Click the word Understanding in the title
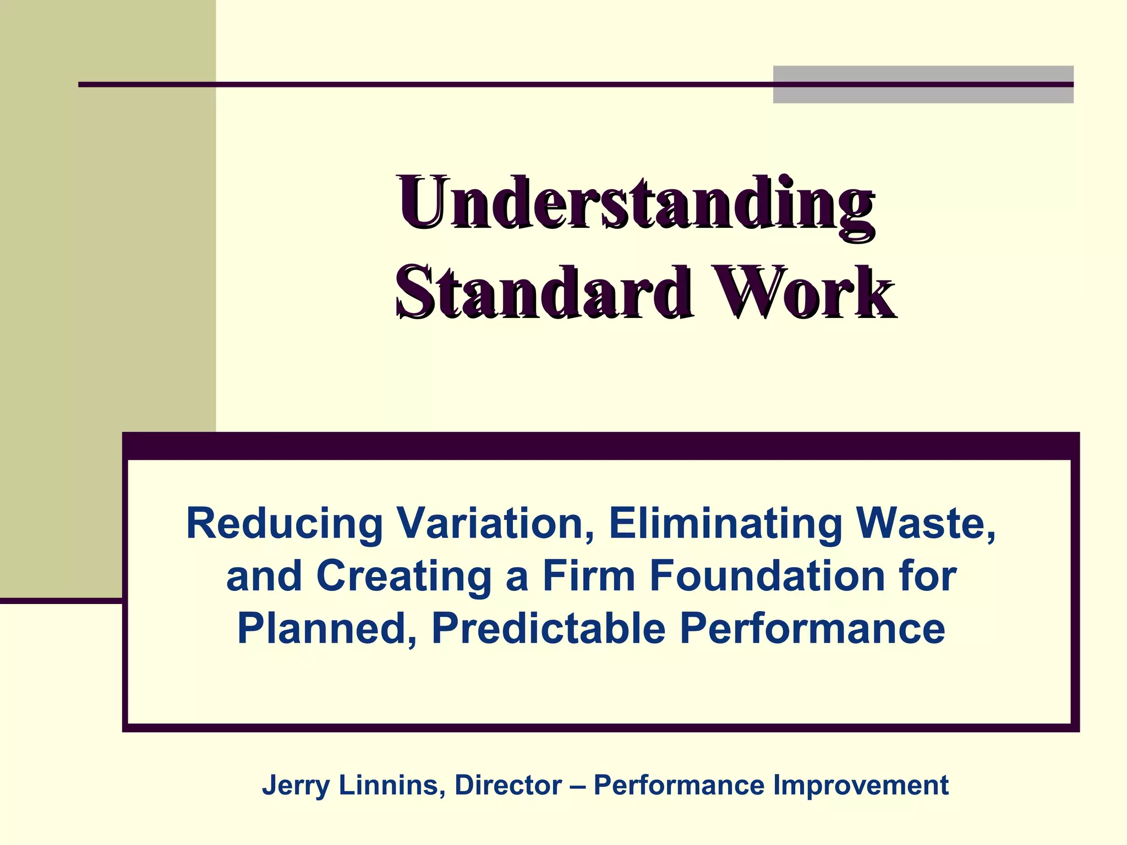(x=636, y=205)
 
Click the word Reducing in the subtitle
(x=284, y=524)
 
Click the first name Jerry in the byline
(x=296, y=786)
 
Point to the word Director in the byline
(x=508, y=786)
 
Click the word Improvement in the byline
(x=861, y=786)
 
